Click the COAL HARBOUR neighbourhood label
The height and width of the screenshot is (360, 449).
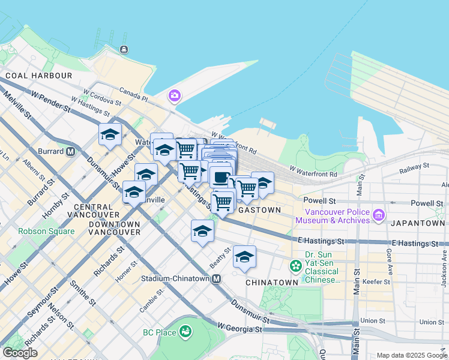pyautogui.click(x=38, y=76)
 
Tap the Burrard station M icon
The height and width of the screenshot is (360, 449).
pyautogui.click(x=70, y=151)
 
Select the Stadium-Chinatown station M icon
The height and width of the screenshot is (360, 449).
pyautogui.click(x=216, y=279)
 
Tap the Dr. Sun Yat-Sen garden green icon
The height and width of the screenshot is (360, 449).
pyautogui.click(x=295, y=265)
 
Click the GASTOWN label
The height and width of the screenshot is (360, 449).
pyautogui.click(x=259, y=210)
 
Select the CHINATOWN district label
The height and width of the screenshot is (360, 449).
pyautogui.click(x=272, y=282)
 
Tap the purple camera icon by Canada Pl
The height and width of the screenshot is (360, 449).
pyautogui.click(x=175, y=95)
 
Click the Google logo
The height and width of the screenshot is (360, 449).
pyautogui.click(x=19, y=353)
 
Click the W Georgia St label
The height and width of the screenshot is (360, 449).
pyautogui.click(x=240, y=328)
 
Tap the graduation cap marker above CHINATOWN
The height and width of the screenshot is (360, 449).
pyautogui.click(x=244, y=257)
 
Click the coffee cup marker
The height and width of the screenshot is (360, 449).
pyautogui.click(x=220, y=178)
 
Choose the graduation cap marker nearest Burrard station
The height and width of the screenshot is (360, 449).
pyautogui.click(x=110, y=134)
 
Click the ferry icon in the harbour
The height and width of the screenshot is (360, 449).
pyautogui.click(x=124, y=49)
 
